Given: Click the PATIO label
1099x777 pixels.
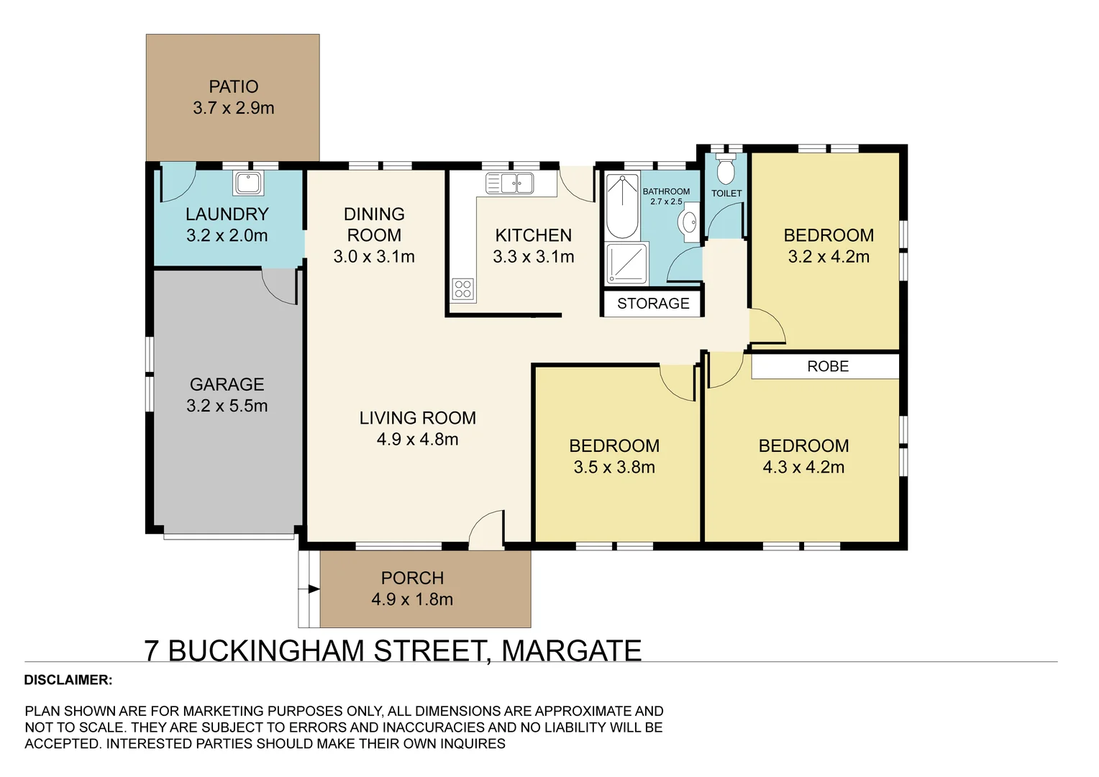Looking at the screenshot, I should click(233, 87).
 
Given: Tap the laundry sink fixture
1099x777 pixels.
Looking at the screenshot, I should click(248, 183).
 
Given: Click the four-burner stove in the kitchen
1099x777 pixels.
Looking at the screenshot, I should click(463, 289).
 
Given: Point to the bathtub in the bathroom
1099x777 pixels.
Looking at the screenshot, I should click(621, 206).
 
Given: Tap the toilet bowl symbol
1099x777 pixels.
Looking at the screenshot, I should click(726, 171).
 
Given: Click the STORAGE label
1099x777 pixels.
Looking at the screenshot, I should click(653, 304).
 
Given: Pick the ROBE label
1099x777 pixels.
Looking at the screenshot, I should click(827, 366).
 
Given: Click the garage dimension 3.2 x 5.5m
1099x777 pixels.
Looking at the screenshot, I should click(227, 406).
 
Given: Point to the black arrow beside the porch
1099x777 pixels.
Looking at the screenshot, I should click(313, 589).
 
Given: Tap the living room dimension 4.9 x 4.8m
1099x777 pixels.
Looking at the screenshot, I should click(417, 440).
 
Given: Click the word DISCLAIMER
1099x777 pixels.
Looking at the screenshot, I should click(68, 680).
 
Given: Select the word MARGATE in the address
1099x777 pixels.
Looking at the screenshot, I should click(571, 650).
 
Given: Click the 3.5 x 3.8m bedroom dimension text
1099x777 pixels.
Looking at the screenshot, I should click(614, 468).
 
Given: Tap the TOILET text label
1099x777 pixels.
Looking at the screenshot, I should click(726, 194).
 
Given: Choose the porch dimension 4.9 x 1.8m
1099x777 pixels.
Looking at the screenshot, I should click(412, 599).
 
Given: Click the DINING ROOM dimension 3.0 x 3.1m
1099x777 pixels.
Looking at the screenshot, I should click(374, 257).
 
